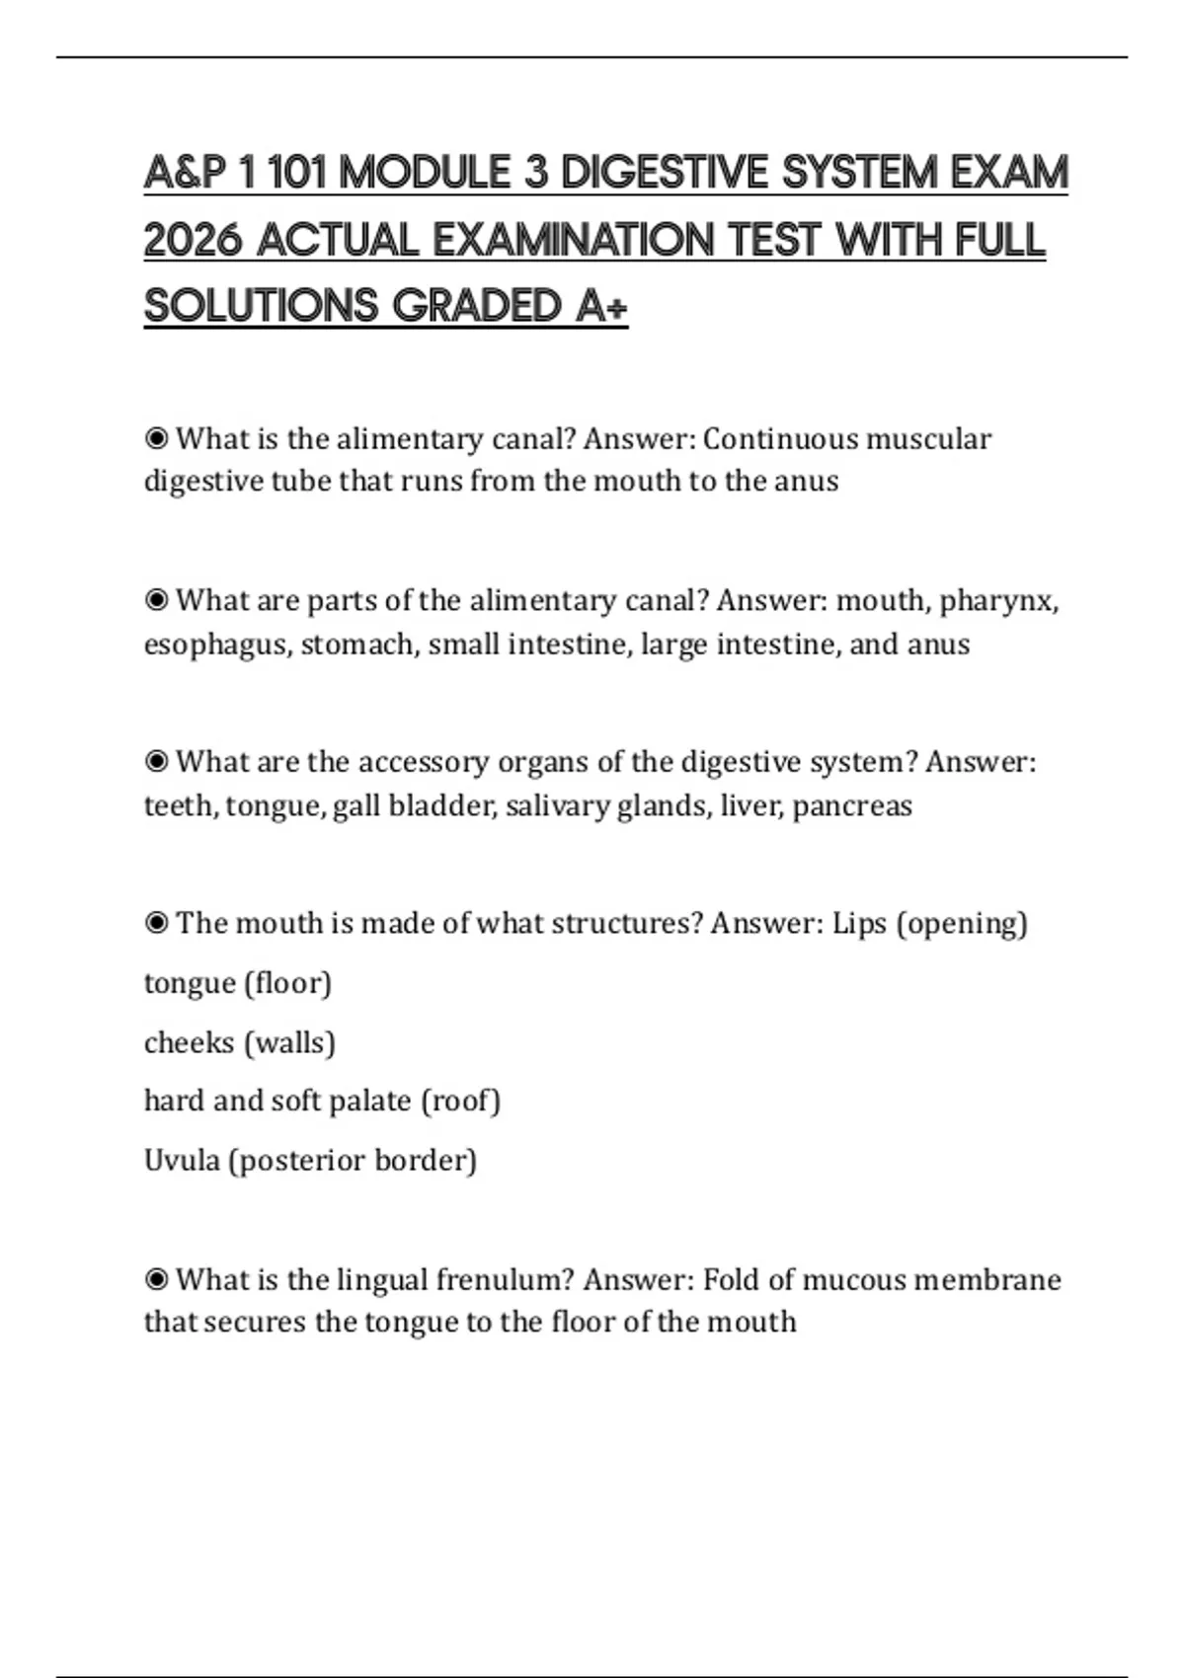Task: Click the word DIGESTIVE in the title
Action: [664, 174]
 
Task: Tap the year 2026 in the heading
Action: [193, 240]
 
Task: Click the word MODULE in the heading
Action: [425, 174]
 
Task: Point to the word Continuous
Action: [767, 438]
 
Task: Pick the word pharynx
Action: [997, 601]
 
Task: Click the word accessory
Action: [423, 762]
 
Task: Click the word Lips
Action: [859, 924]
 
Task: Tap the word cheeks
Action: [189, 1042]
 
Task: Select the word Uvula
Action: [182, 1160]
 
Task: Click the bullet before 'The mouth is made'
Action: [156, 924]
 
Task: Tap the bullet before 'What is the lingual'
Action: [156, 1280]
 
